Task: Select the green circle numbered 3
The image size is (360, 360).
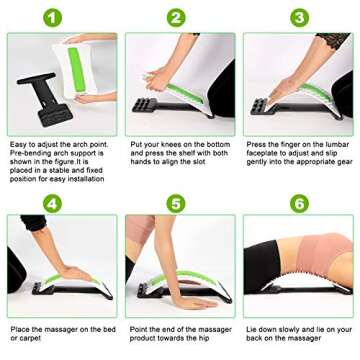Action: click(x=298, y=17)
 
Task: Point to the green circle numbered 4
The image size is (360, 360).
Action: click(x=51, y=203)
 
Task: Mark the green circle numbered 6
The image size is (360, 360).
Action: click(x=298, y=203)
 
